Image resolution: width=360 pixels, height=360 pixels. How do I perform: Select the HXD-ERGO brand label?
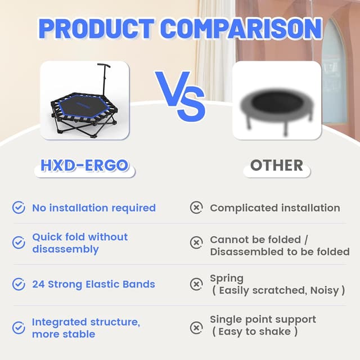click(x=84, y=165)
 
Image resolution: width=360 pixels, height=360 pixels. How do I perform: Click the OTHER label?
click(x=277, y=165)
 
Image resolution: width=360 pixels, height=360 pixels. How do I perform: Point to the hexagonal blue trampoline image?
click(x=84, y=107)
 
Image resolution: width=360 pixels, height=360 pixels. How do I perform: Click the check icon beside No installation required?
click(x=19, y=208)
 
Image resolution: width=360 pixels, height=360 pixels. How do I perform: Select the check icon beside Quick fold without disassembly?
click(x=19, y=243)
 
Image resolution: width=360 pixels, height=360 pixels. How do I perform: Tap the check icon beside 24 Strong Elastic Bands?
click(x=19, y=284)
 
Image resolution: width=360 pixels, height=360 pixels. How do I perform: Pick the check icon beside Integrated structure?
click(x=19, y=327)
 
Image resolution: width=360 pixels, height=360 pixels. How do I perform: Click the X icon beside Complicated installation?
click(x=196, y=208)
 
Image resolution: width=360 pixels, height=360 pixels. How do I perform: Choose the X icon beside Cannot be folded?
click(x=196, y=243)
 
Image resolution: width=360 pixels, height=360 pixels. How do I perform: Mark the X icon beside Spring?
click(x=196, y=284)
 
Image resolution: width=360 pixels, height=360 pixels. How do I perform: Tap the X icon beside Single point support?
click(x=196, y=327)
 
